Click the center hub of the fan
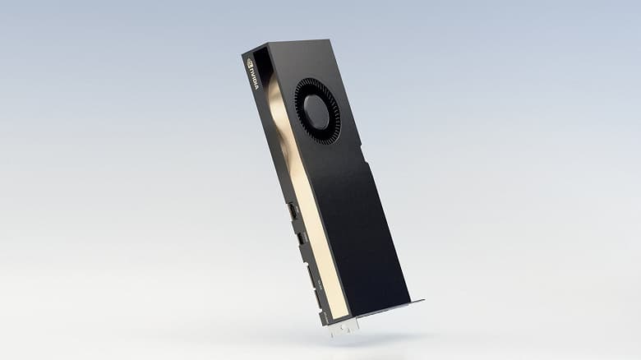click(x=316, y=112)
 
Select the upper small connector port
click(x=291, y=211)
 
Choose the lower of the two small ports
click(x=301, y=238)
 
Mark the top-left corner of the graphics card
click(x=242, y=55)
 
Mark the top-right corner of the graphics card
click(x=328, y=39)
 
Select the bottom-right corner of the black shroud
click(x=409, y=300)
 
